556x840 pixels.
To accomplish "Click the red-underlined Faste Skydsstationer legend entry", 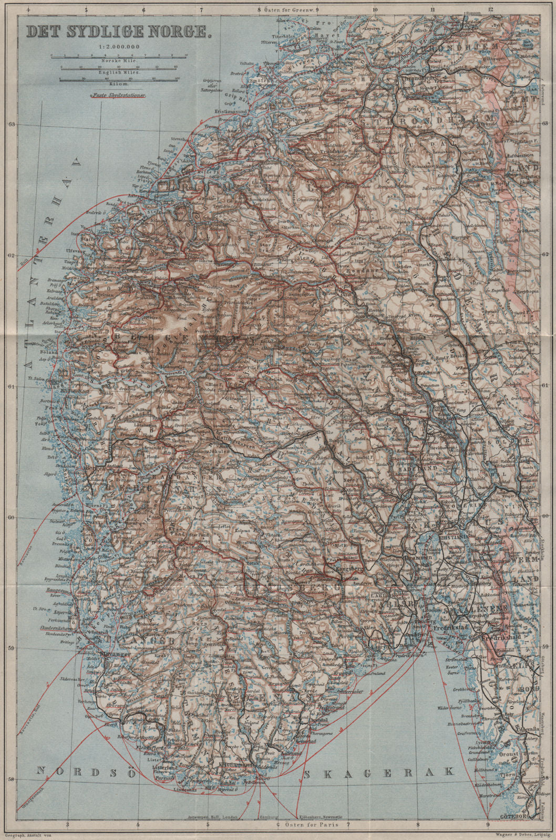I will tap(118, 96).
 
